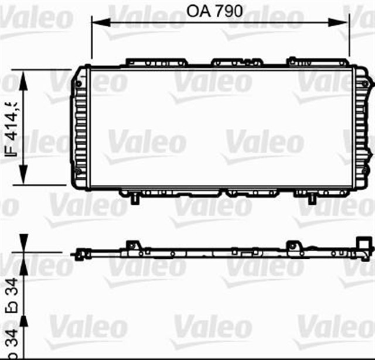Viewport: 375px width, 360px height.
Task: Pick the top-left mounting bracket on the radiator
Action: click(155, 61)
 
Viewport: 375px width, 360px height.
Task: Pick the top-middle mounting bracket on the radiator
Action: click(235, 61)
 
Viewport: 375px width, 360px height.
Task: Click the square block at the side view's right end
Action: click(364, 242)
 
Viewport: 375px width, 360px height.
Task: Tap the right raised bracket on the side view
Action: click(291, 246)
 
